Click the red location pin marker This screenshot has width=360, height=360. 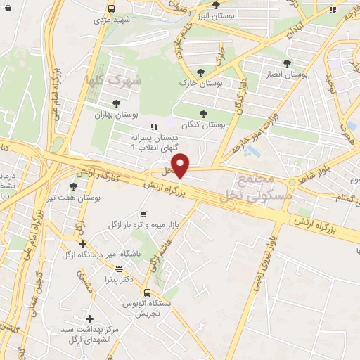coord(181,166)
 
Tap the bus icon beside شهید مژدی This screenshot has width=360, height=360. coord(112,8)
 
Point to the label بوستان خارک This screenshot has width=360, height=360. coord(202,83)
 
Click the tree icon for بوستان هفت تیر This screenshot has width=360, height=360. coord(73,186)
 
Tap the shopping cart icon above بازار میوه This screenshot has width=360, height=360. coord(143,213)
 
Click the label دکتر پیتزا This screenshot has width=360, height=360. coord(119,280)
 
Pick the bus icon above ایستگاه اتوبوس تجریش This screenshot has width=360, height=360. coord(147,292)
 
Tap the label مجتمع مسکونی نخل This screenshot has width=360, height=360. coord(261,188)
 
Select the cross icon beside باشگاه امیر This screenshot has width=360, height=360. coord(82,243)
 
